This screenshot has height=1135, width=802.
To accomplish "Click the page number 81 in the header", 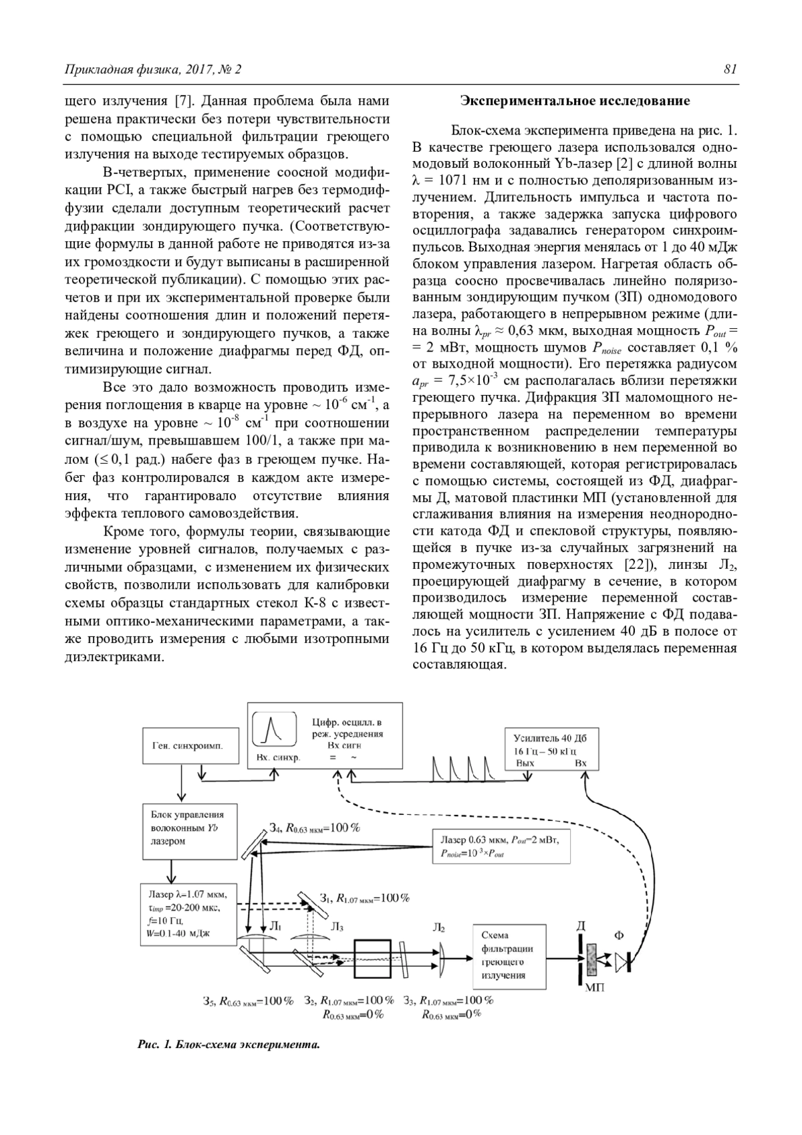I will (730, 70).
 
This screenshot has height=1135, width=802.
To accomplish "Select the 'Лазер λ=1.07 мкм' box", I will (190, 913).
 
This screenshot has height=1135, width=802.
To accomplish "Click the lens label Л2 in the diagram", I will (439, 927).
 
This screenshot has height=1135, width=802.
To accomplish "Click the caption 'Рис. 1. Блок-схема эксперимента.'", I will (228, 1044).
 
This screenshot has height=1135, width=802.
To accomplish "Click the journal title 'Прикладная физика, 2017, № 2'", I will (152, 70).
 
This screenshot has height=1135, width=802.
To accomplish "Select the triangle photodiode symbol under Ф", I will (622, 962).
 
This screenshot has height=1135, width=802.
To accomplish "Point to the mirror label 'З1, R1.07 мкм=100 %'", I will (364, 898).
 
